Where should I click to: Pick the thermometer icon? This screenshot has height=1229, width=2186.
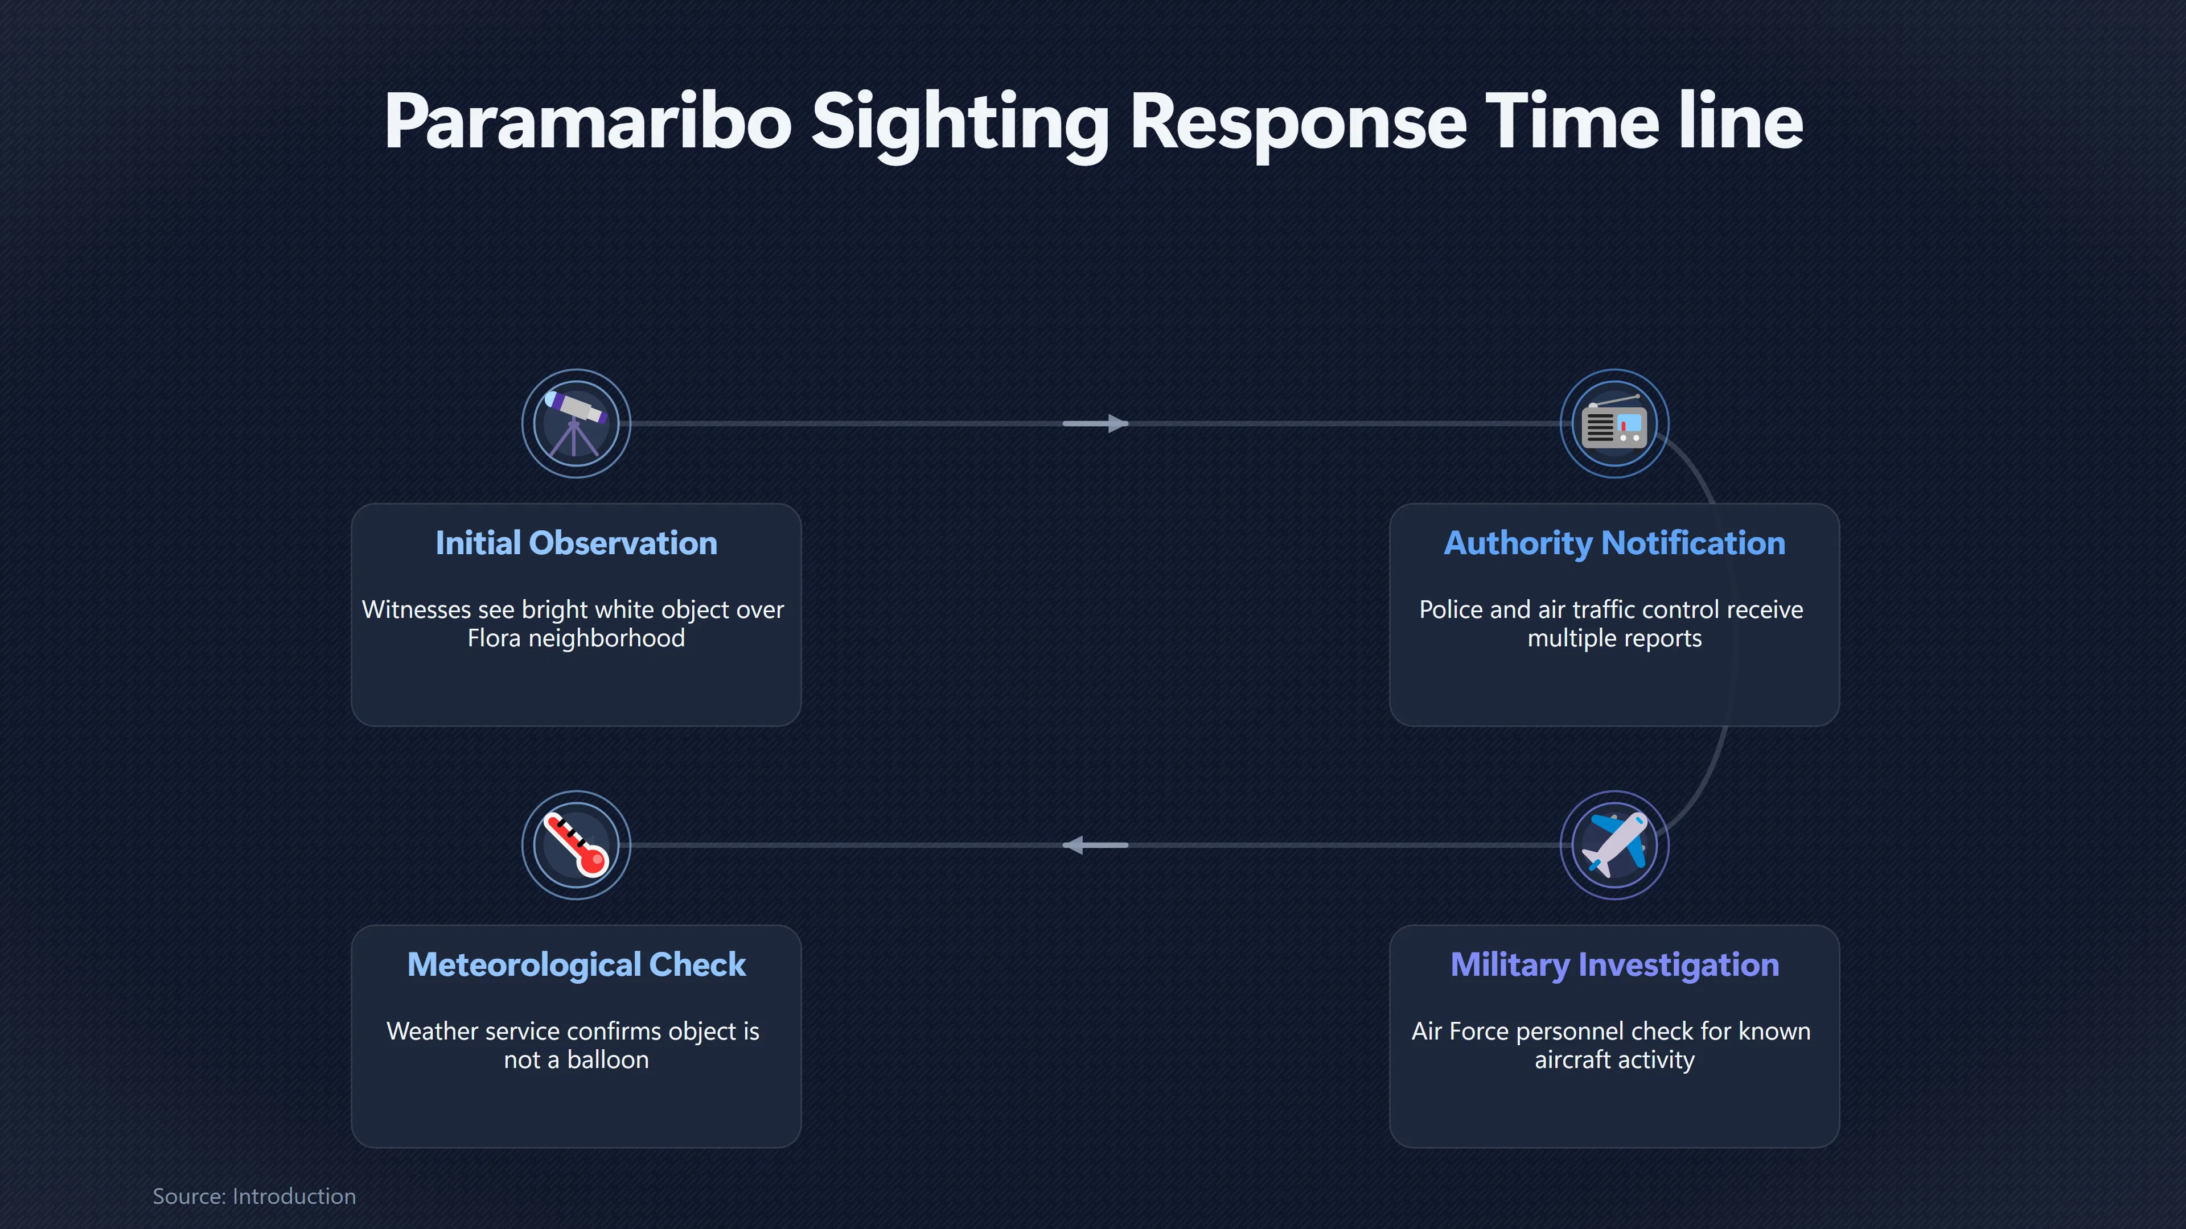tap(576, 844)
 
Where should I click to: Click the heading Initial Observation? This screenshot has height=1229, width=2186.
tap(576, 543)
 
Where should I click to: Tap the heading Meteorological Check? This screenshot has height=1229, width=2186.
tap(576, 964)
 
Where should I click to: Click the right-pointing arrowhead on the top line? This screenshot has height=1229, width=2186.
tap(1117, 423)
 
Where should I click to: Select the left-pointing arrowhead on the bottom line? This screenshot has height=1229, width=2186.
tap(1074, 845)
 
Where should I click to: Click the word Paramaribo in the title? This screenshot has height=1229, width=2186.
tap(588, 122)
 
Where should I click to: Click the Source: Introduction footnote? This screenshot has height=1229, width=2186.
tap(254, 1196)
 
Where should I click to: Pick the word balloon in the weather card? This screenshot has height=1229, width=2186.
tap(607, 1059)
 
